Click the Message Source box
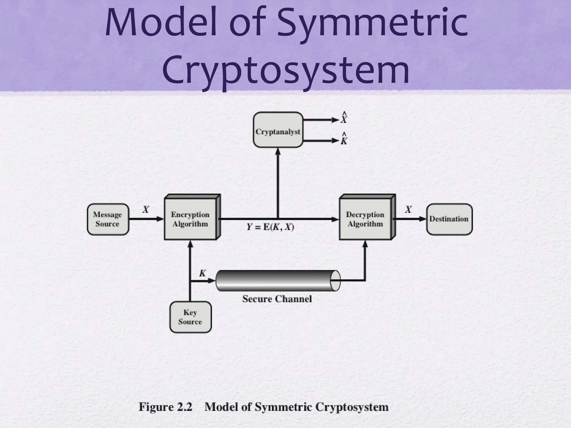108,219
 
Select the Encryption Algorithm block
190,219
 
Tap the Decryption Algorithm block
365,219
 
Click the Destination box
449,219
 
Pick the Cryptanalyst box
278,130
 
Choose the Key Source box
190,317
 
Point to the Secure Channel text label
277,299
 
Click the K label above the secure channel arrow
202,273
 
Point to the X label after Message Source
146,209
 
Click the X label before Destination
408,209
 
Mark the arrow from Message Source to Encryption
146,219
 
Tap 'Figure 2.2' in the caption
166,407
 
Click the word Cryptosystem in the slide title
285,70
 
